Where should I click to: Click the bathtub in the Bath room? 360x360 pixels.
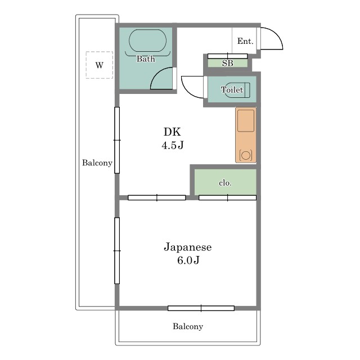pos(147,40)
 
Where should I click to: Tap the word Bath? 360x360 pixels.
pos(146,58)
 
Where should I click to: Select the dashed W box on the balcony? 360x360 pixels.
pos(100,65)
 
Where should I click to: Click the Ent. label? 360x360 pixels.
pos(245,41)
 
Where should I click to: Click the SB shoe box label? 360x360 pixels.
pos(227,63)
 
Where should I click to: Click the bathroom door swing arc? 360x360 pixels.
pos(157,73)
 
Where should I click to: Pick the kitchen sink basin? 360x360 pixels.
pos(246,120)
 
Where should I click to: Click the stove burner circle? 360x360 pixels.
pos(246,155)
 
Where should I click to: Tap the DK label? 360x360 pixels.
pos(172,132)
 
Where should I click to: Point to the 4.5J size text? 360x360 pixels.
pos(173,145)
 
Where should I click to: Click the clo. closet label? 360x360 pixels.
pos(225,183)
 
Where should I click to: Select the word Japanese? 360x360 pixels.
pos(187,247)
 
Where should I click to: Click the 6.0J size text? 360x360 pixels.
pos(188,260)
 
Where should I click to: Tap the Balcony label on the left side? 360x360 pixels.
pos(97,163)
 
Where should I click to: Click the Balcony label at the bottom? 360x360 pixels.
pos(188,326)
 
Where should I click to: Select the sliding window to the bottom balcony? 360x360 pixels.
pos(201,308)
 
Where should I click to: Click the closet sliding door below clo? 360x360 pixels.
pos(227,197)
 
